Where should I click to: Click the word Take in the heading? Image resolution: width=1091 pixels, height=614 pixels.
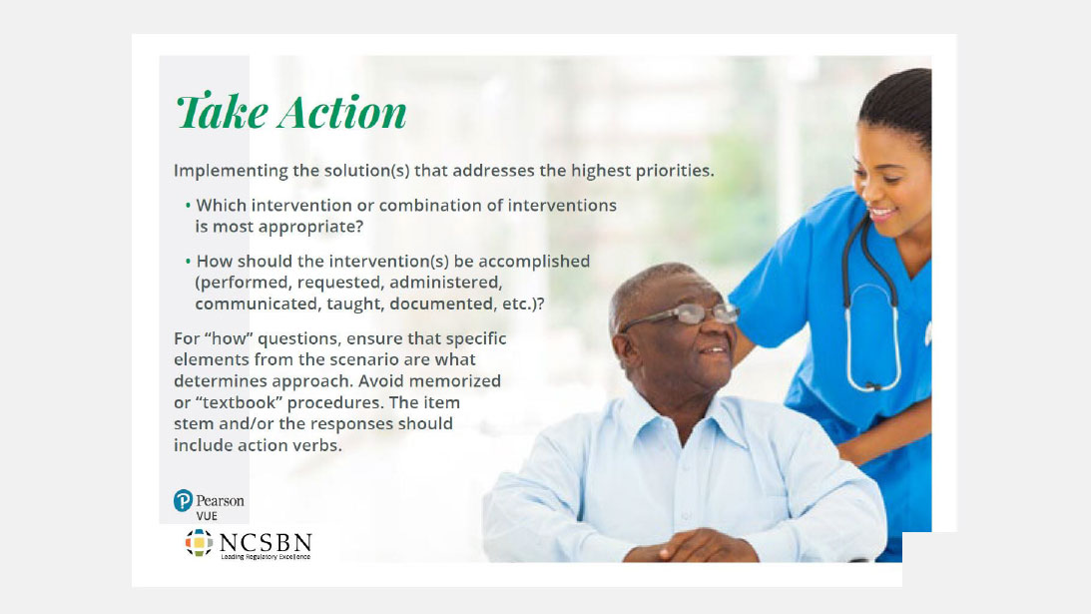click(222, 112)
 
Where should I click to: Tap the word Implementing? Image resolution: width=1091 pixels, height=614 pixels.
click(232, 171)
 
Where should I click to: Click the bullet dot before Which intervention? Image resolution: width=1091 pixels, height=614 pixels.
click(188, 206)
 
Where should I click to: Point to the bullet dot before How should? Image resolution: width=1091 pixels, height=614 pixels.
click(188, 262)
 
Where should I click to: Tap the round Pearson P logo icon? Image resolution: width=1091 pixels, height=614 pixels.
click(183, 500)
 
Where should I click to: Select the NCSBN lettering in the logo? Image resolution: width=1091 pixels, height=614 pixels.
click(265, 543)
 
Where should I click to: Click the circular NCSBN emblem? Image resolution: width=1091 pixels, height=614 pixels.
click(199, 543)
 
